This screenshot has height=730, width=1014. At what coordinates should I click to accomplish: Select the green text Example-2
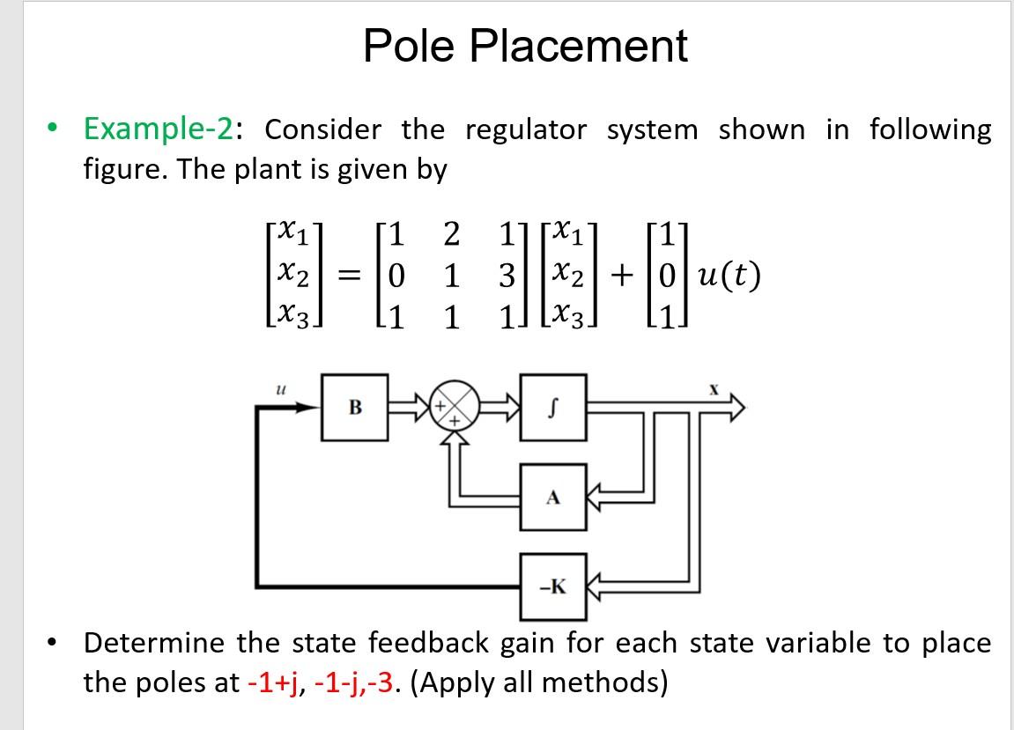click(159, 129)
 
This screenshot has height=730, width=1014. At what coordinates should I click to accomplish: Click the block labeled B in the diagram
click(355, 406)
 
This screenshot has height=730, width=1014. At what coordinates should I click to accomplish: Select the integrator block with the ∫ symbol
click(552, 406)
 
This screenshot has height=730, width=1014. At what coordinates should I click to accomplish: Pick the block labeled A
click(552, 497)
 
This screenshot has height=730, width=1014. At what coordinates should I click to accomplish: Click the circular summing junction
click(455, 406)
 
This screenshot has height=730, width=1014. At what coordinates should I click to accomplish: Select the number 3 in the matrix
click(506, 276)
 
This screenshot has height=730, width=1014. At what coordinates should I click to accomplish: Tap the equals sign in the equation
click(351, 277)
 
